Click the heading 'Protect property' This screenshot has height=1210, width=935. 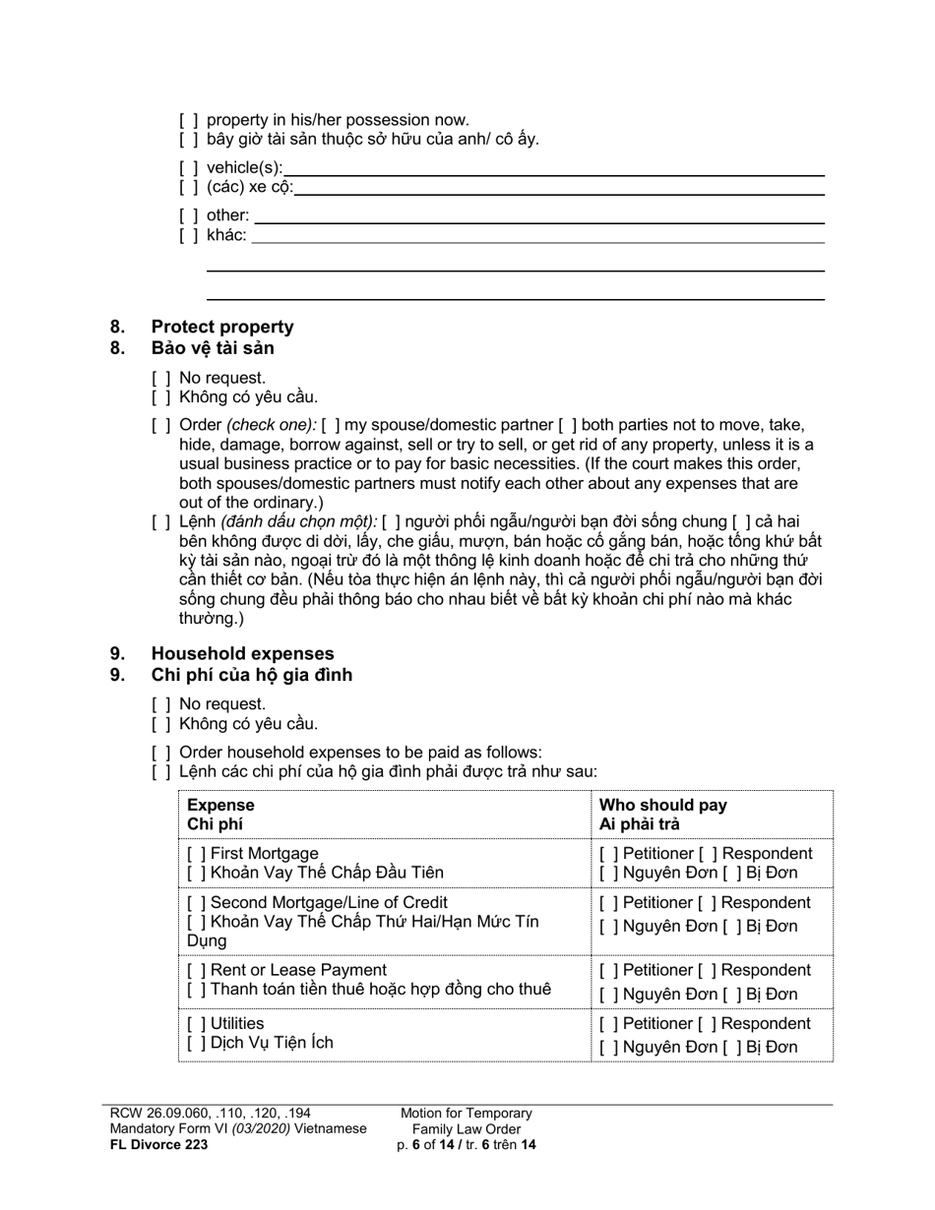tap(221, 327)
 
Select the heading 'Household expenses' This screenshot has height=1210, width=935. tap(242, 653)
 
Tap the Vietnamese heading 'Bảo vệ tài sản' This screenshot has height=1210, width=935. tap(213, 348)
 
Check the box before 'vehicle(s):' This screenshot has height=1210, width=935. tap(188, 168)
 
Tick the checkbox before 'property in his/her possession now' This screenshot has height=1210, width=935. tap(188, 120)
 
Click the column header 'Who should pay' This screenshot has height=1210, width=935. tap(662, 805)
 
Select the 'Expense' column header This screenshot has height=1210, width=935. tap(220, 805)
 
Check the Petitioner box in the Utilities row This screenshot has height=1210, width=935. tap(608, 1023)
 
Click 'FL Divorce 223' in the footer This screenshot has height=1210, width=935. tap(158, 1144)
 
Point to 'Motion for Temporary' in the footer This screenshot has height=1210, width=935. tap(466, 1113)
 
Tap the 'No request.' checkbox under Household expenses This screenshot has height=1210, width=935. tap(161, 703)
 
